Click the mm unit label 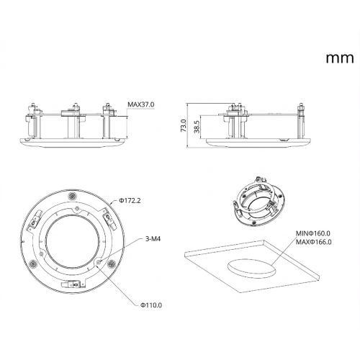tap(340, 58)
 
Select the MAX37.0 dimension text tap(141, 104)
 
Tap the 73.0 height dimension tap(184, 125)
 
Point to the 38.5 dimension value tap(197, 127)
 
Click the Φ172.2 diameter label tap(130, 200)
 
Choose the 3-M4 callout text tap(153, 239)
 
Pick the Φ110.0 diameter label tap(151, 305)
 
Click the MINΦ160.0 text tap(313, 233)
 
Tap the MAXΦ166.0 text tap(314, 242)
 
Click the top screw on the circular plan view tap(72, 196)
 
